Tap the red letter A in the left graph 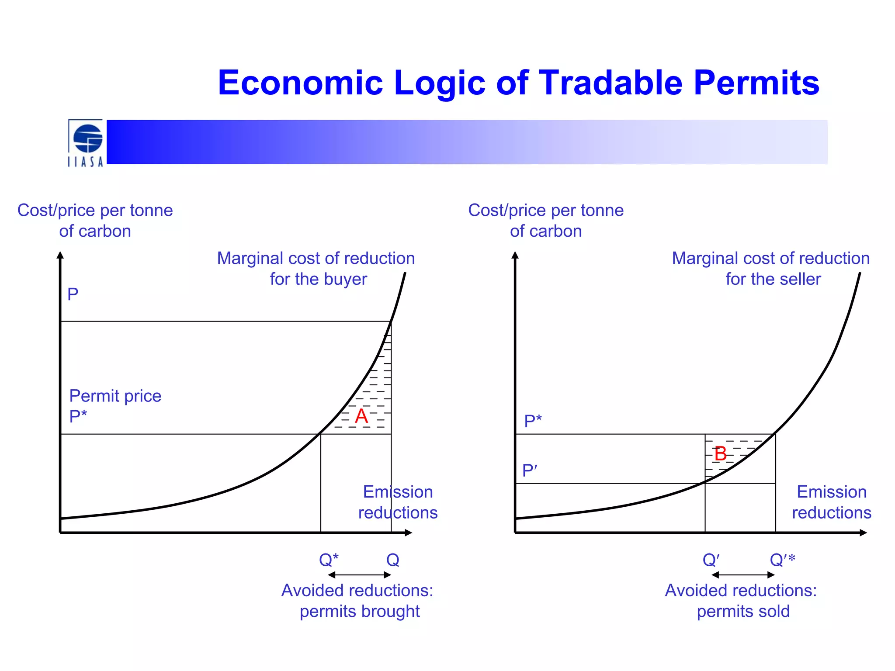point(361,416)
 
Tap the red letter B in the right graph point(720,454)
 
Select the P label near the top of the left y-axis point(73,294)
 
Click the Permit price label point(115,396)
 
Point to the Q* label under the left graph point(329,560)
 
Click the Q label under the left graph point(392,560)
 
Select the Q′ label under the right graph point(711,560)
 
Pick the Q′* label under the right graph point(782,560)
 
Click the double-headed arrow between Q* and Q point(359,575)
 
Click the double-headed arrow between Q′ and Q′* point(743,575)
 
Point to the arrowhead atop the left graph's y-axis point(60,255)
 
